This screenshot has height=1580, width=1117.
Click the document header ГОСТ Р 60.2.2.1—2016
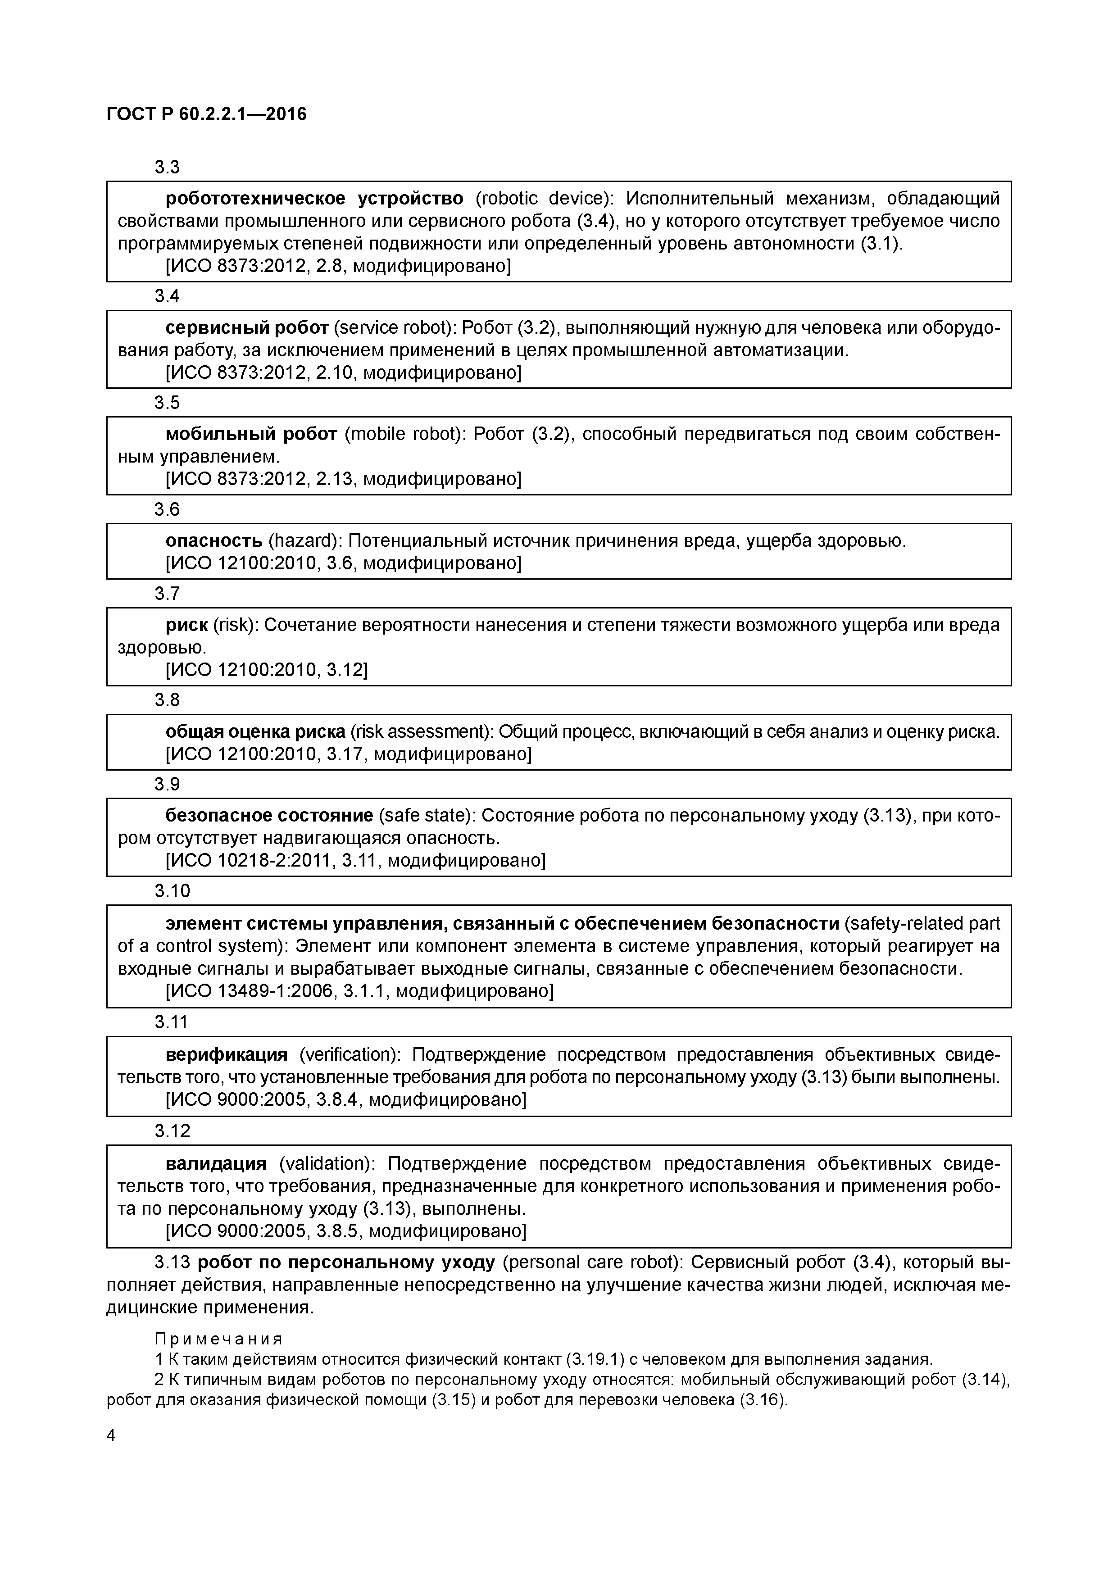pos(206,114)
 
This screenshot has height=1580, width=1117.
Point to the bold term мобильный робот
pos(251,434)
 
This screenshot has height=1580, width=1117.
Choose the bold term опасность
pos(213,541)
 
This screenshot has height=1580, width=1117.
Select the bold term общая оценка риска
pos(254,731)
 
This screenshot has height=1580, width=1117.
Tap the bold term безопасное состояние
pos(269,816)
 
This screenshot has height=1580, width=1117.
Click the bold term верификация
pos(227,1054)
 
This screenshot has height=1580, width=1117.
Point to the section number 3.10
pos(172,891)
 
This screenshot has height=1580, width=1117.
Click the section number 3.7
pos(167,594)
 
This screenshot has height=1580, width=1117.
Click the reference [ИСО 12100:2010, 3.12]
pos(266,670)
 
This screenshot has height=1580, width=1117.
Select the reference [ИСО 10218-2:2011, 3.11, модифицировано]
pos(355,860)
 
